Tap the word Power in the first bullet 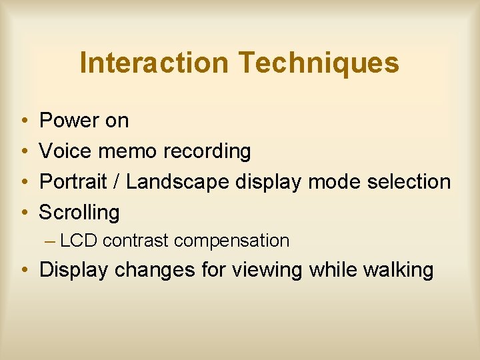click(x=69, y=121)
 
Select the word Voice click(x=65, y=151)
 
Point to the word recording click(x=208, y=152)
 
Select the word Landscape click(x=177, y=182)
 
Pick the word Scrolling click(x=79, y=213)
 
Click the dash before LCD click(x=52, y=241)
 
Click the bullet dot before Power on click(x=23, y=121)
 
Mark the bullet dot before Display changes click(x=23, y=271)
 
